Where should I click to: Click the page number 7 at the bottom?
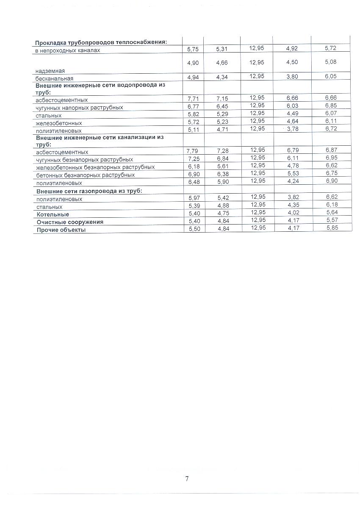[187, 479]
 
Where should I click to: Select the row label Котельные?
[53, 215]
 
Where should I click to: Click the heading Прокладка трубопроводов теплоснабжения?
[101, 42]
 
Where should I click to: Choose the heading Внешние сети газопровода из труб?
[89, 191]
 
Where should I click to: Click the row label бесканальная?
[55, 79]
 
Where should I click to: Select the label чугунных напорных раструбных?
[80, 108]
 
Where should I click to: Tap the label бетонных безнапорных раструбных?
[86, 175]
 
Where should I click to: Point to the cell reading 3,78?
[292, 129]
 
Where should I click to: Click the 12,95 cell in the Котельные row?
[257, 212]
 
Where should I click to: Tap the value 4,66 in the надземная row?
[222, 63]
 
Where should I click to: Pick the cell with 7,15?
[222, 99]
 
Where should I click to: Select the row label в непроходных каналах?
[68, 51]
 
